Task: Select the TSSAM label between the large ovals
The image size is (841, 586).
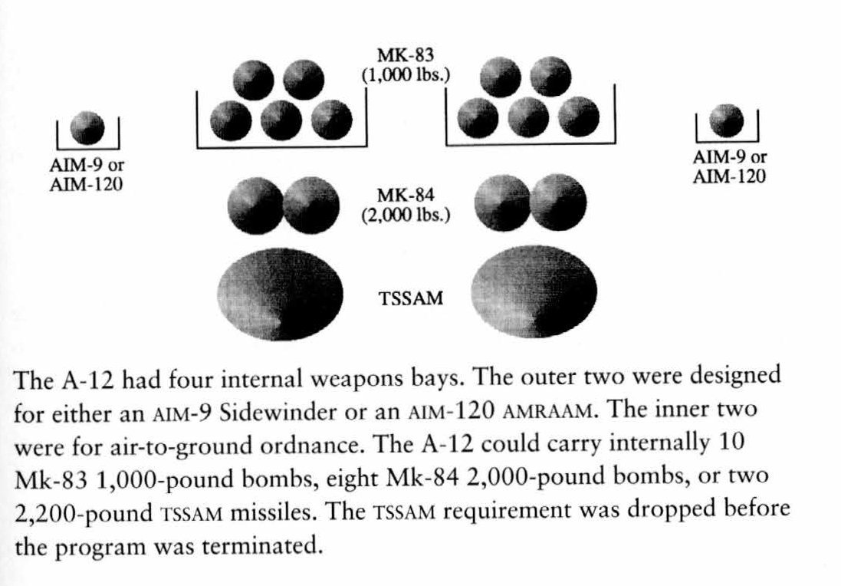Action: tap(411, 298)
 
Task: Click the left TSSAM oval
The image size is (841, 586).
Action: tap(280, 291)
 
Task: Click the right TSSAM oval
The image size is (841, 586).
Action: tap(535, 291)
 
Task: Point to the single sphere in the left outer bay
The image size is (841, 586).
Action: tap(87, 128)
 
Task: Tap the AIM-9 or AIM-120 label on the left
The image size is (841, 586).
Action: tap(87, 176)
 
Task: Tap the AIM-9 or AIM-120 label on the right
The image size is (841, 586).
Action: tap(730, 167)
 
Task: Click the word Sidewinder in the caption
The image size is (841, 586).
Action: tap(265, 412)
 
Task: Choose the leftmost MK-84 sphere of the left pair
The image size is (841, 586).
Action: tap(255, 203)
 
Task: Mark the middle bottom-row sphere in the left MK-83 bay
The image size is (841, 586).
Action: tap(280, 120)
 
